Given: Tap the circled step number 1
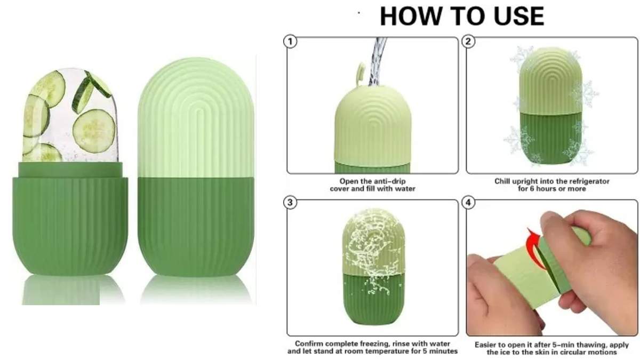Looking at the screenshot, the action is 290,42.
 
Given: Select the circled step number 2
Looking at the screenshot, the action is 468,42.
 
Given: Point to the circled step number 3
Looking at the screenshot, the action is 290,202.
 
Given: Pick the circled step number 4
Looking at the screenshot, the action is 468,202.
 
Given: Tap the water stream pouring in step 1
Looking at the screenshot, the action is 377,61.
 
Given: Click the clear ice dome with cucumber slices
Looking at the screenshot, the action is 70,116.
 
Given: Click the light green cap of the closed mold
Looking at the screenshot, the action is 196,117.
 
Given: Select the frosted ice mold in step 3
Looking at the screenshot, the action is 373,267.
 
